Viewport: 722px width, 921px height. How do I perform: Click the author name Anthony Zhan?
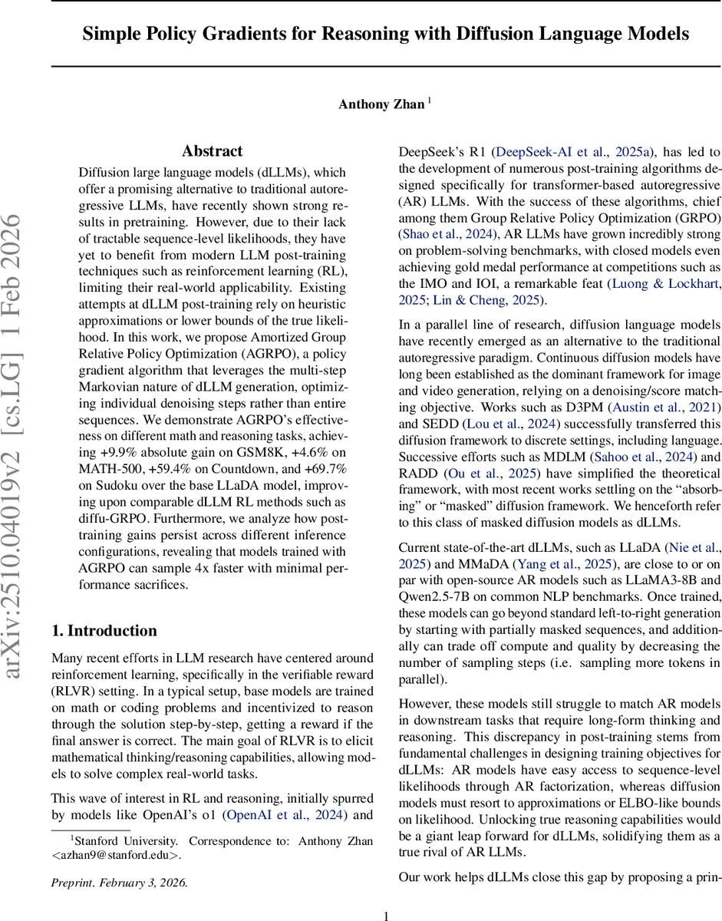[x=381, y=104]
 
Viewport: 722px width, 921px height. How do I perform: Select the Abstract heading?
[x=213, y=151]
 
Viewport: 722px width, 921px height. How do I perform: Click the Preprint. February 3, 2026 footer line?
[x=119, y=882]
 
